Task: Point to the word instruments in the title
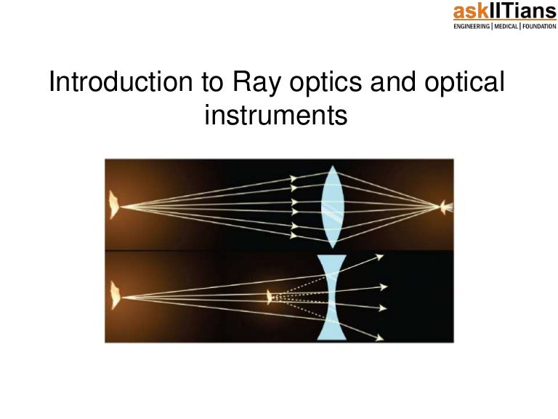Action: point(276,114)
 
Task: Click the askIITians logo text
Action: point(504,12)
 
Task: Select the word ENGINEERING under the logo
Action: point(472,26)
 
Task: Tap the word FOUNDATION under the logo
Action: point(539,26)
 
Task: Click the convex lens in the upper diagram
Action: point(331,206)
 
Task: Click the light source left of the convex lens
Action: point(113,205)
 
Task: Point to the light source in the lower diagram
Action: point(113,297)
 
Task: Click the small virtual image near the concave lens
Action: point(270,297)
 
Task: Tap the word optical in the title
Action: point(462,83)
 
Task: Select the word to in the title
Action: point(211,83)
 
